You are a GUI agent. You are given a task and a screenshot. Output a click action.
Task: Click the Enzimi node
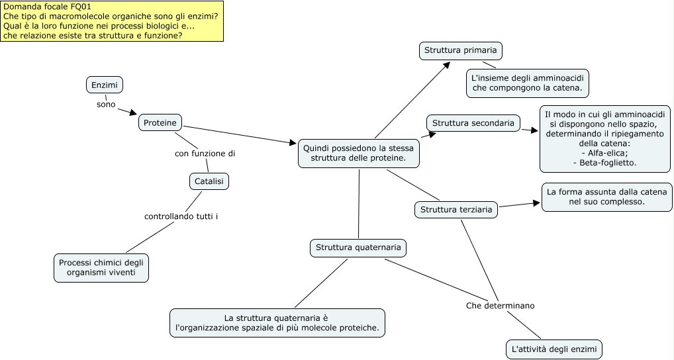tap(105, 85)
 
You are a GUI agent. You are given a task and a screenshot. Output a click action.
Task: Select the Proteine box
tap(160, 122)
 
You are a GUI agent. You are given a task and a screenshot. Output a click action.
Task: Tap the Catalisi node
tap(209, 181)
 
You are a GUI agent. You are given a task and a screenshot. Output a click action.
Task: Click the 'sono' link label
tap(106, 104)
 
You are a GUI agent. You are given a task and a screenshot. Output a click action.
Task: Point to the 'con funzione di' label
tap(205, 154)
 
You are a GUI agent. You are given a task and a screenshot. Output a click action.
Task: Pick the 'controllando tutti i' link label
tap(181, 216)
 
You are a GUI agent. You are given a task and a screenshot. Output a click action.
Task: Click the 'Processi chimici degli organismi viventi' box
tap(101, 267)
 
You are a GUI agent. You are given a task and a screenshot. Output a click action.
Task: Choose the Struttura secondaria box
tap(473, 123)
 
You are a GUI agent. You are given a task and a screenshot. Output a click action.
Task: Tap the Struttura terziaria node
tap(456, 210)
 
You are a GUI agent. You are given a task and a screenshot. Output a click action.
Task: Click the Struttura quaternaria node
tap(358, 247)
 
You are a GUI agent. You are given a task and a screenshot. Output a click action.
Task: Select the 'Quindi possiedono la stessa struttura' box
tap(358, 153)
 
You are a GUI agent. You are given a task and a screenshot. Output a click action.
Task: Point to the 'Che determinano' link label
tap(500, 306)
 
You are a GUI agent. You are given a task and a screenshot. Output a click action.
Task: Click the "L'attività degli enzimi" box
tap(554, 349)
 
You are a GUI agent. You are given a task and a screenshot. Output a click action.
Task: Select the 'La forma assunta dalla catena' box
tap(606, 197)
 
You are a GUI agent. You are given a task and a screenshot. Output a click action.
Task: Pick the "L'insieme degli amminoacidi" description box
tap(527, 83)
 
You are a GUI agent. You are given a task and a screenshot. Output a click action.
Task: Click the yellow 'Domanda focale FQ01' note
tap(112, 21)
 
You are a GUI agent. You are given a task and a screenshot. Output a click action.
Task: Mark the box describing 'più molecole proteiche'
tap(277, 323)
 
